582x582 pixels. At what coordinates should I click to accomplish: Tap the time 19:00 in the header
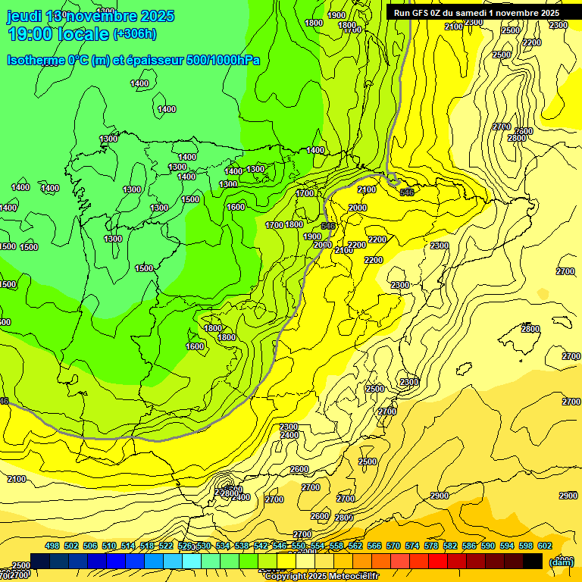coord(30,34)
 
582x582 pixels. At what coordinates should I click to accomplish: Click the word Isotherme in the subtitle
coord(36,60)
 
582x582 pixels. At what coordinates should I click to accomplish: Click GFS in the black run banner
coord(428,13)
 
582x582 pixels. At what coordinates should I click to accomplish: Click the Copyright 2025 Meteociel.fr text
coord(321,577)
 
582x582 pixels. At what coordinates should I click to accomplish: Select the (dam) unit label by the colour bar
coord(561,562)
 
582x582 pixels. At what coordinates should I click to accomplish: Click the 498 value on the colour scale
coord(52,546)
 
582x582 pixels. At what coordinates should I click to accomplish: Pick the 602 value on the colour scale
coord(545,546)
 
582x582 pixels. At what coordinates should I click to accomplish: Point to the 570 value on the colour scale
coord(393,546)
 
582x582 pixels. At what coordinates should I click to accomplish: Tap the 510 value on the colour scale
coord(109,546)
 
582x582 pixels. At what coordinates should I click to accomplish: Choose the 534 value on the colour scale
coord(223,546)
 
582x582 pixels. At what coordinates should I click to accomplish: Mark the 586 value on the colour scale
coord(469,546)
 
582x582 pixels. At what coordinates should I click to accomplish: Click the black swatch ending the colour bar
coord(533,561)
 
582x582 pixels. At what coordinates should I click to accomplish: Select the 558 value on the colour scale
coord(336,546)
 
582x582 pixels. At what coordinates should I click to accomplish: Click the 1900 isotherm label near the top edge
coord(336,15)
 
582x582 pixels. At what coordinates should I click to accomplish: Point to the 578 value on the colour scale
coord(431,546)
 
